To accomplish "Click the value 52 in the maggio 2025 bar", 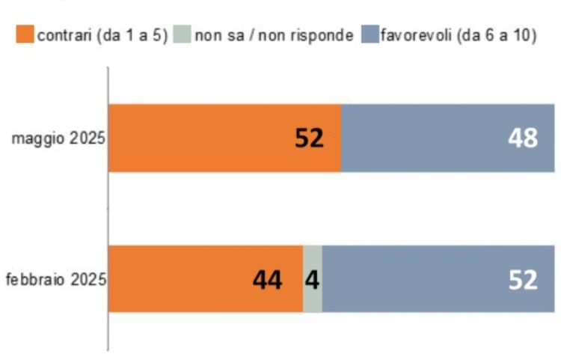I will (x=308, y=138).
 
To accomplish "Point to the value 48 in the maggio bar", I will (x=521, y=138).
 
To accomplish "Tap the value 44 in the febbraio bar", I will (x=266, y=280).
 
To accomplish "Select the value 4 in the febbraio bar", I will (x=313, y=280).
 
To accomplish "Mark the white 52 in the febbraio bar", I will (x=521, y=280).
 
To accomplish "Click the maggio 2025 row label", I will (x=58, y=139).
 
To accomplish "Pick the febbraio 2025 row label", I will (x=55, y=280).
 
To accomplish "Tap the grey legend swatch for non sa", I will (x=182, y=35).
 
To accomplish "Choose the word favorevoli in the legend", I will (x=414, y=35).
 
